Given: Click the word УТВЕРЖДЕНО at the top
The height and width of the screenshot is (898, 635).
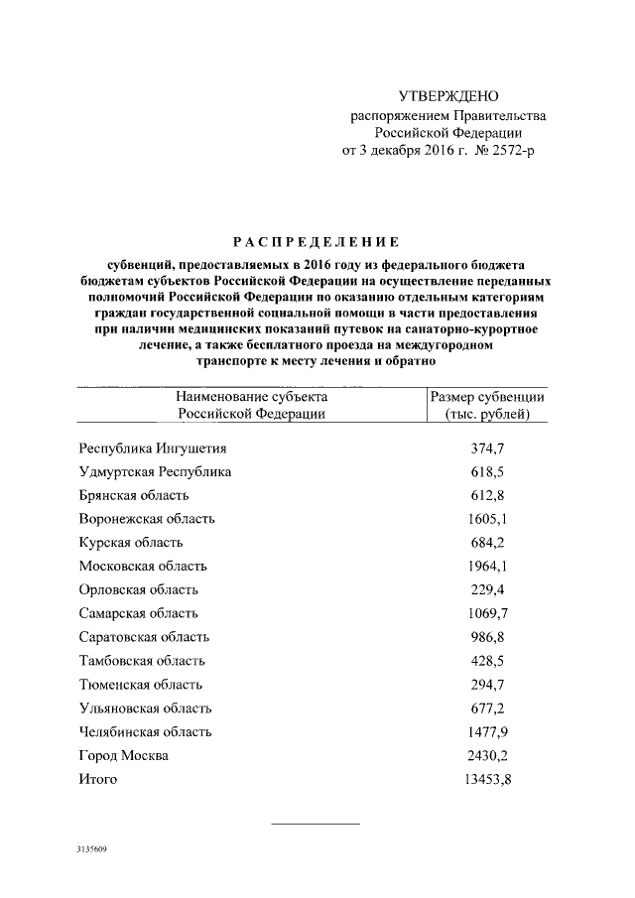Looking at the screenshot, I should [x=448, y=96].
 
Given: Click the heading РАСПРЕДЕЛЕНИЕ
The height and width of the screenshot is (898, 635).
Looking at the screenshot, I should [x=316, y=241].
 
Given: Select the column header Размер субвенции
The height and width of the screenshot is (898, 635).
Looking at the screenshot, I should [x=487, y=397].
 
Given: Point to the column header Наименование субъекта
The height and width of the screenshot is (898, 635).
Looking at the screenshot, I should [x=251, y=397].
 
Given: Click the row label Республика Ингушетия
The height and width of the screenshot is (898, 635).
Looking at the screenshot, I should [x=153, y=448].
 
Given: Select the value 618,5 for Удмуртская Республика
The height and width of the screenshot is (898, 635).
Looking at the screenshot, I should [x=487, y=471].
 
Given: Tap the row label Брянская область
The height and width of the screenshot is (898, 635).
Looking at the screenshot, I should [x=133, y=495].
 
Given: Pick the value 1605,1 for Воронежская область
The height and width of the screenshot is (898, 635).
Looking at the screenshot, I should [x=487, y=519].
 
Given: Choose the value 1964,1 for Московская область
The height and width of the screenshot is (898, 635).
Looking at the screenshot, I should [x=487, y=566].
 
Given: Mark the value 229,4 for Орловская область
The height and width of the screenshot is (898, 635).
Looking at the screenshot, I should [x=487, y=589].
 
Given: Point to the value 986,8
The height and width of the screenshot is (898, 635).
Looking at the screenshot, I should [x=487, y=637].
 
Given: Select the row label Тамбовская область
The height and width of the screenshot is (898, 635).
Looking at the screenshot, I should [x=142, y=661].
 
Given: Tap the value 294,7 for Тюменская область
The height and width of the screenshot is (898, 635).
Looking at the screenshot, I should [x=487, y=685].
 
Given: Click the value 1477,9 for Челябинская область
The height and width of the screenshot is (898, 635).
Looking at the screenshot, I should [x=487, y=732].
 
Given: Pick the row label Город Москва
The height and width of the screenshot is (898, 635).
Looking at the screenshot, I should [x=123, y=756].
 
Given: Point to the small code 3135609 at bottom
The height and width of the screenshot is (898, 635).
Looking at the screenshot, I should [x=91, y=851].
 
